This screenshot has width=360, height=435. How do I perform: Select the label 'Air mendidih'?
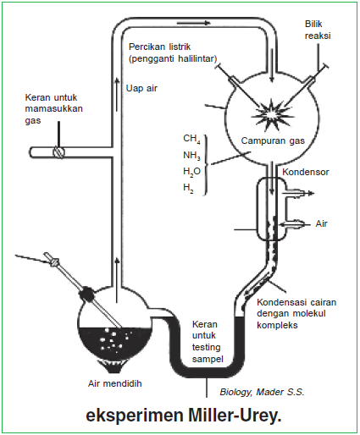pos(116,383)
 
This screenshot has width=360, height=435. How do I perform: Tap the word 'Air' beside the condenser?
pos(321,224)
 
